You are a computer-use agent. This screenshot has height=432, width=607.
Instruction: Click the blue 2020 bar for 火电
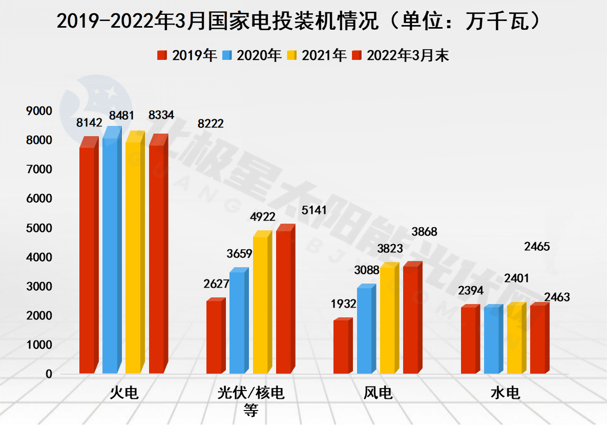110,253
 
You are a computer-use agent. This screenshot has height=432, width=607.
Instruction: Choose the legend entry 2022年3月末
401,55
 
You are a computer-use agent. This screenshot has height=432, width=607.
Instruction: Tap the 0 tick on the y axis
49,374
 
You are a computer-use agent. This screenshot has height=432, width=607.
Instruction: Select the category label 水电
505,393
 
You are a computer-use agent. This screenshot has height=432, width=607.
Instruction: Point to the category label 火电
124,393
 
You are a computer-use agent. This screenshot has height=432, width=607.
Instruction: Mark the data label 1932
343,304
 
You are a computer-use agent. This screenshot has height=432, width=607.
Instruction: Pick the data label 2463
557,297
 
